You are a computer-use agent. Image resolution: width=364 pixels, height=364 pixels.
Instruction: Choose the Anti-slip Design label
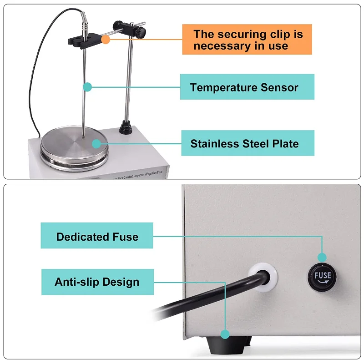pyautogui.click(x=97, y=282)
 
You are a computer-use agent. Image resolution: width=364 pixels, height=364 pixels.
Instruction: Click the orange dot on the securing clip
pyautogui.click(x=106, y=40)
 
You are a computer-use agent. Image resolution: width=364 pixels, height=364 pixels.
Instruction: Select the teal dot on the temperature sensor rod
pyautogui.click(x=88, y=86)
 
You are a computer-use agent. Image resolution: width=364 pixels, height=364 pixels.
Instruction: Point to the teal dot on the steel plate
pyautogui.click(x=96, y=144)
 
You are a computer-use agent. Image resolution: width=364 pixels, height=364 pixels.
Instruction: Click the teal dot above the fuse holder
pyautogui.click(x=322, y=257)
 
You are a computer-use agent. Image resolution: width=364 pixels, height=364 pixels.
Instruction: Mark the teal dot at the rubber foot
pyautogui.click(x=225, y=334)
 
